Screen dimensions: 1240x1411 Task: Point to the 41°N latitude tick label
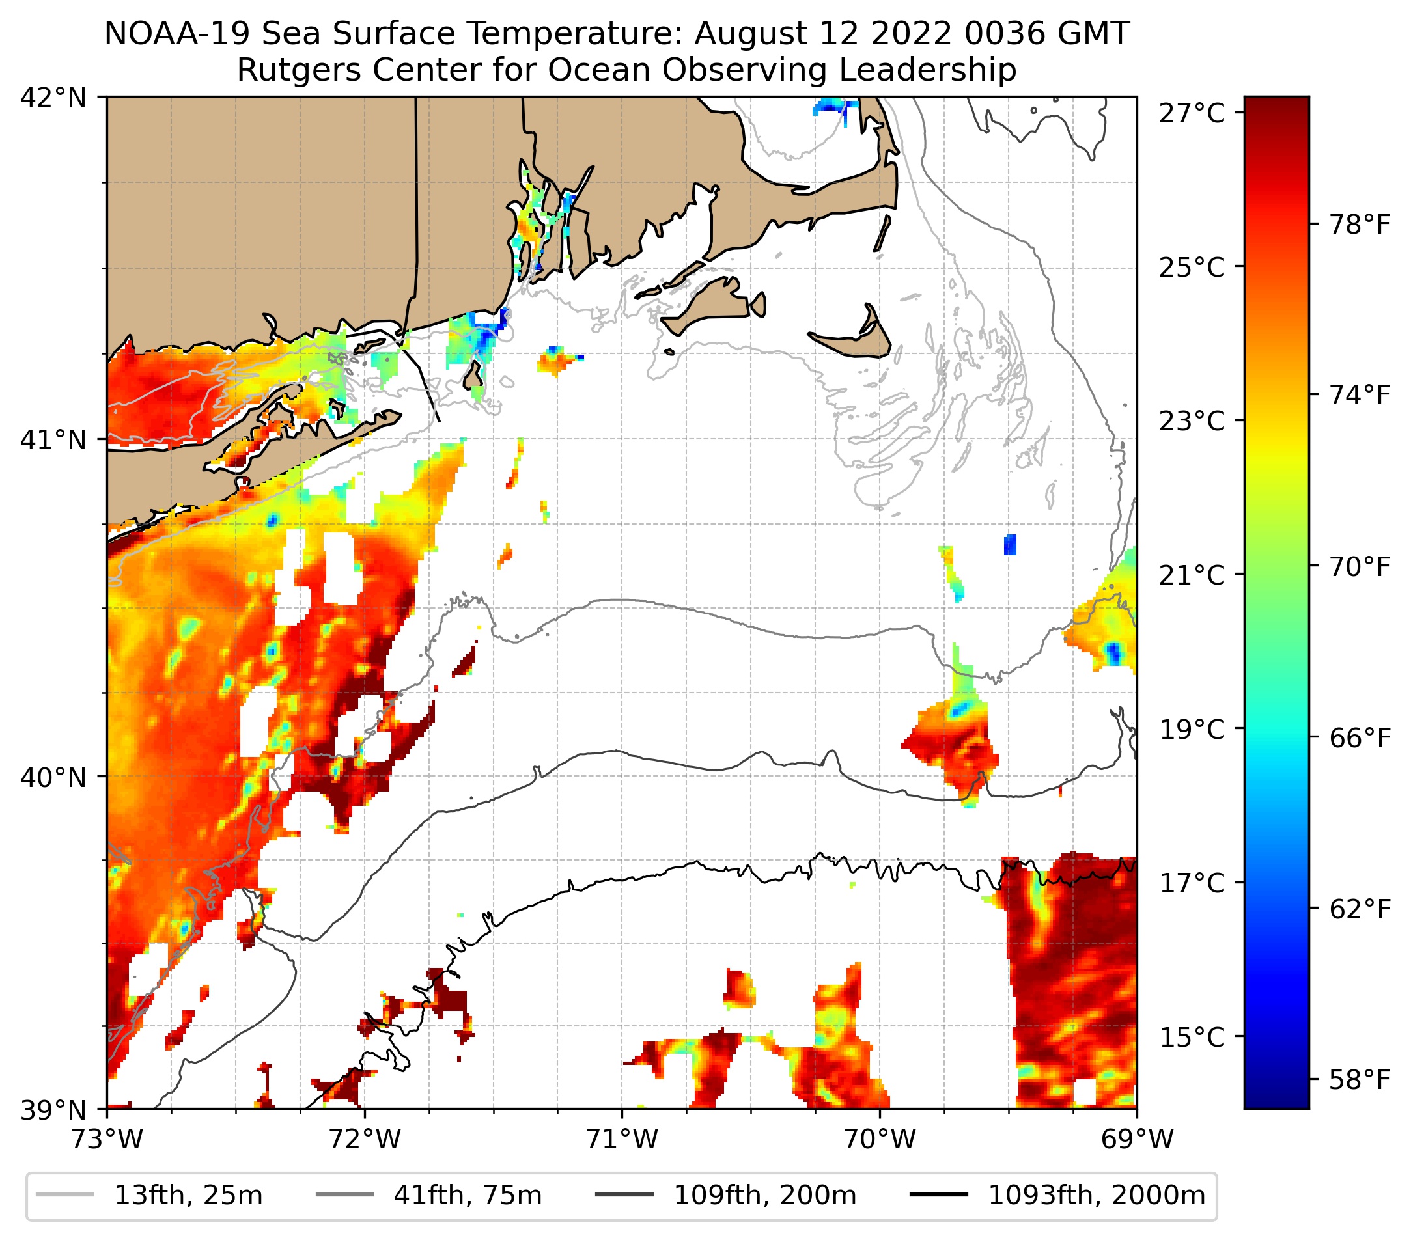(x=53, y=439)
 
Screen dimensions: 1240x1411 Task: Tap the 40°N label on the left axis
(x=53, y=777)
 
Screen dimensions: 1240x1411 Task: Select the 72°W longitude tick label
(x=365, y=1139)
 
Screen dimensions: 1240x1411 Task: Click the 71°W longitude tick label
(x=622, y=1139)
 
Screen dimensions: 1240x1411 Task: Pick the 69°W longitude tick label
(x=1136, y=1139)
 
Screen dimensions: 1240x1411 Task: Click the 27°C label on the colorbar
(x=1192, y=113)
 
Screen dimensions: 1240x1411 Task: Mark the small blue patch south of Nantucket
(x=1010, y=544)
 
